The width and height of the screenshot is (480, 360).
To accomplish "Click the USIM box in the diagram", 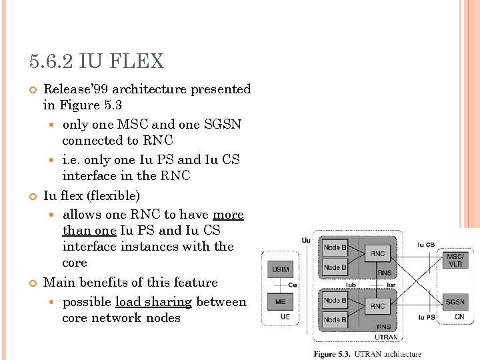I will click(279, 269).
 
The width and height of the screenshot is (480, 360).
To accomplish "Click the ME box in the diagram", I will click(280, 301).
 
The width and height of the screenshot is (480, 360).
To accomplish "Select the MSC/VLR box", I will click(455, 260).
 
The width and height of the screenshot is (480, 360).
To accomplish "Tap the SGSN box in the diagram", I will click(455, 302).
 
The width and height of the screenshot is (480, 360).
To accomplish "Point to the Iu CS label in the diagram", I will click(426, 245).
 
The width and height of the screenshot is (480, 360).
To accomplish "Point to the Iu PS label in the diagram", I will click(427, 317).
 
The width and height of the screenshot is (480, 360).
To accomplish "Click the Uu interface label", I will click(305, 240).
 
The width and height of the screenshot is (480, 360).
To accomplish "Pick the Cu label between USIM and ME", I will click(292, 285).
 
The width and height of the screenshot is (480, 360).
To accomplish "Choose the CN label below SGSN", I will click(459, 317).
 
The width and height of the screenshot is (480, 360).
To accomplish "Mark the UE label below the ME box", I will click(285, 317).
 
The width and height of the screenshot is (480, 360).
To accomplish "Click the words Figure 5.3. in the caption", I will click(332, 354).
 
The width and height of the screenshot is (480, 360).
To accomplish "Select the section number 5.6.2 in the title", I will click(51, 62).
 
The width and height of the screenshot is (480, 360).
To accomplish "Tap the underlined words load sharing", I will click(153, 302).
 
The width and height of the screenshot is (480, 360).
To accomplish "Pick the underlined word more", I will click(228, 215).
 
